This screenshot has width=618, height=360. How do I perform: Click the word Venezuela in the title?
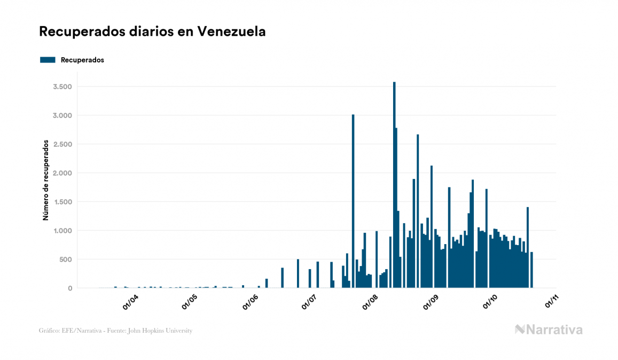point(231,32)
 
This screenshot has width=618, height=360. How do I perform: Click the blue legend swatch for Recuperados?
point(48,60)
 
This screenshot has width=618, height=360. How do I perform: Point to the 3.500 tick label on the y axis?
point(62,87)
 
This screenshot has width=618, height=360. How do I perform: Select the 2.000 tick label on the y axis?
point(62,173)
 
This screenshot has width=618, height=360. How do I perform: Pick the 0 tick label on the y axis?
point(70,288)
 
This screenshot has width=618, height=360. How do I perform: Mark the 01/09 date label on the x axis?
point(431,302)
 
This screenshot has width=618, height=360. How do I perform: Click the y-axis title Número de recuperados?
point(46,181)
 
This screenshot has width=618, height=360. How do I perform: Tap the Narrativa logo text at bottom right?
point(554,330)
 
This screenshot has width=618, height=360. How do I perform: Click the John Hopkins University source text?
point(166,331)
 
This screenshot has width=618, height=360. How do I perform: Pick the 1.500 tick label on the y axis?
point(62,202)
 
